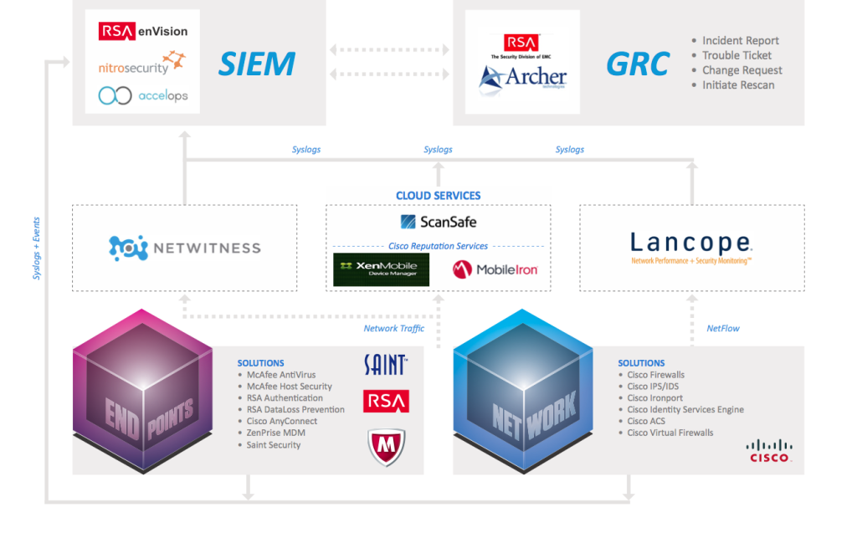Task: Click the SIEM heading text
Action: tap(256, 64)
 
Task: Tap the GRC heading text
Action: tap(638, 64)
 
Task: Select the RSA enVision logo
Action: tap(143, 31)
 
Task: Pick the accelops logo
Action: tap(143, 95)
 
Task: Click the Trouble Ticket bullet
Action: tap(736, 55)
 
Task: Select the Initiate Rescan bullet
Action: tap(738, 85)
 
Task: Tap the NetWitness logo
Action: tap(185, 248)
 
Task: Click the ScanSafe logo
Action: tap(439, 222)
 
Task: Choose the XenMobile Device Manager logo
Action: tap(381, 269)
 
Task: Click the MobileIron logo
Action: tap(495, 269)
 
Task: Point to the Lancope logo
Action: tap(691, 245)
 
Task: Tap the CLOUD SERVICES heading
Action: tap(439, 196)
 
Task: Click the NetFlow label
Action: tap(723, 329)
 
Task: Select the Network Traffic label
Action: tap(393, 329)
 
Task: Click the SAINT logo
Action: tap(386, 364)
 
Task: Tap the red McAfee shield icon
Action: tap(386, 447)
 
